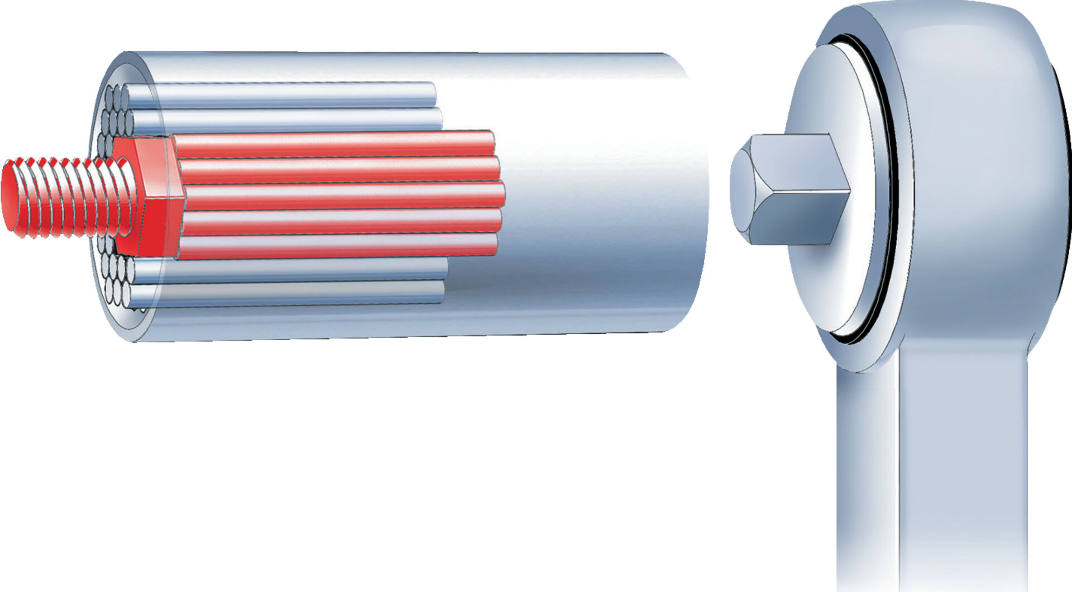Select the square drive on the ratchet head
[x=793, y=190]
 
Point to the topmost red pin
[x=335, y=144]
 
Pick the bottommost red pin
[x=335, y=246]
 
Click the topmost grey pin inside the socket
[x=279, y=95]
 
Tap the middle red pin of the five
[x=341, y=196]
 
